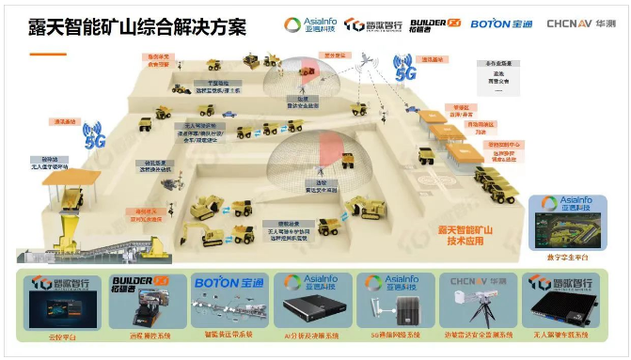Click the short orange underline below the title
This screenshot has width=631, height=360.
coord(47,54)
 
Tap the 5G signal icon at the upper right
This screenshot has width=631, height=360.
coord(404,70)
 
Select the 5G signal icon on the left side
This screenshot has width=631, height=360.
coord(94,135)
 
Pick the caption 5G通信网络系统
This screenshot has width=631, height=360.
coord(392,336)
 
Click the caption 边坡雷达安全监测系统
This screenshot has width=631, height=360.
coord(475,336)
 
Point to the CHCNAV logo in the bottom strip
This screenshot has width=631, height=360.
coord(475,279)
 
